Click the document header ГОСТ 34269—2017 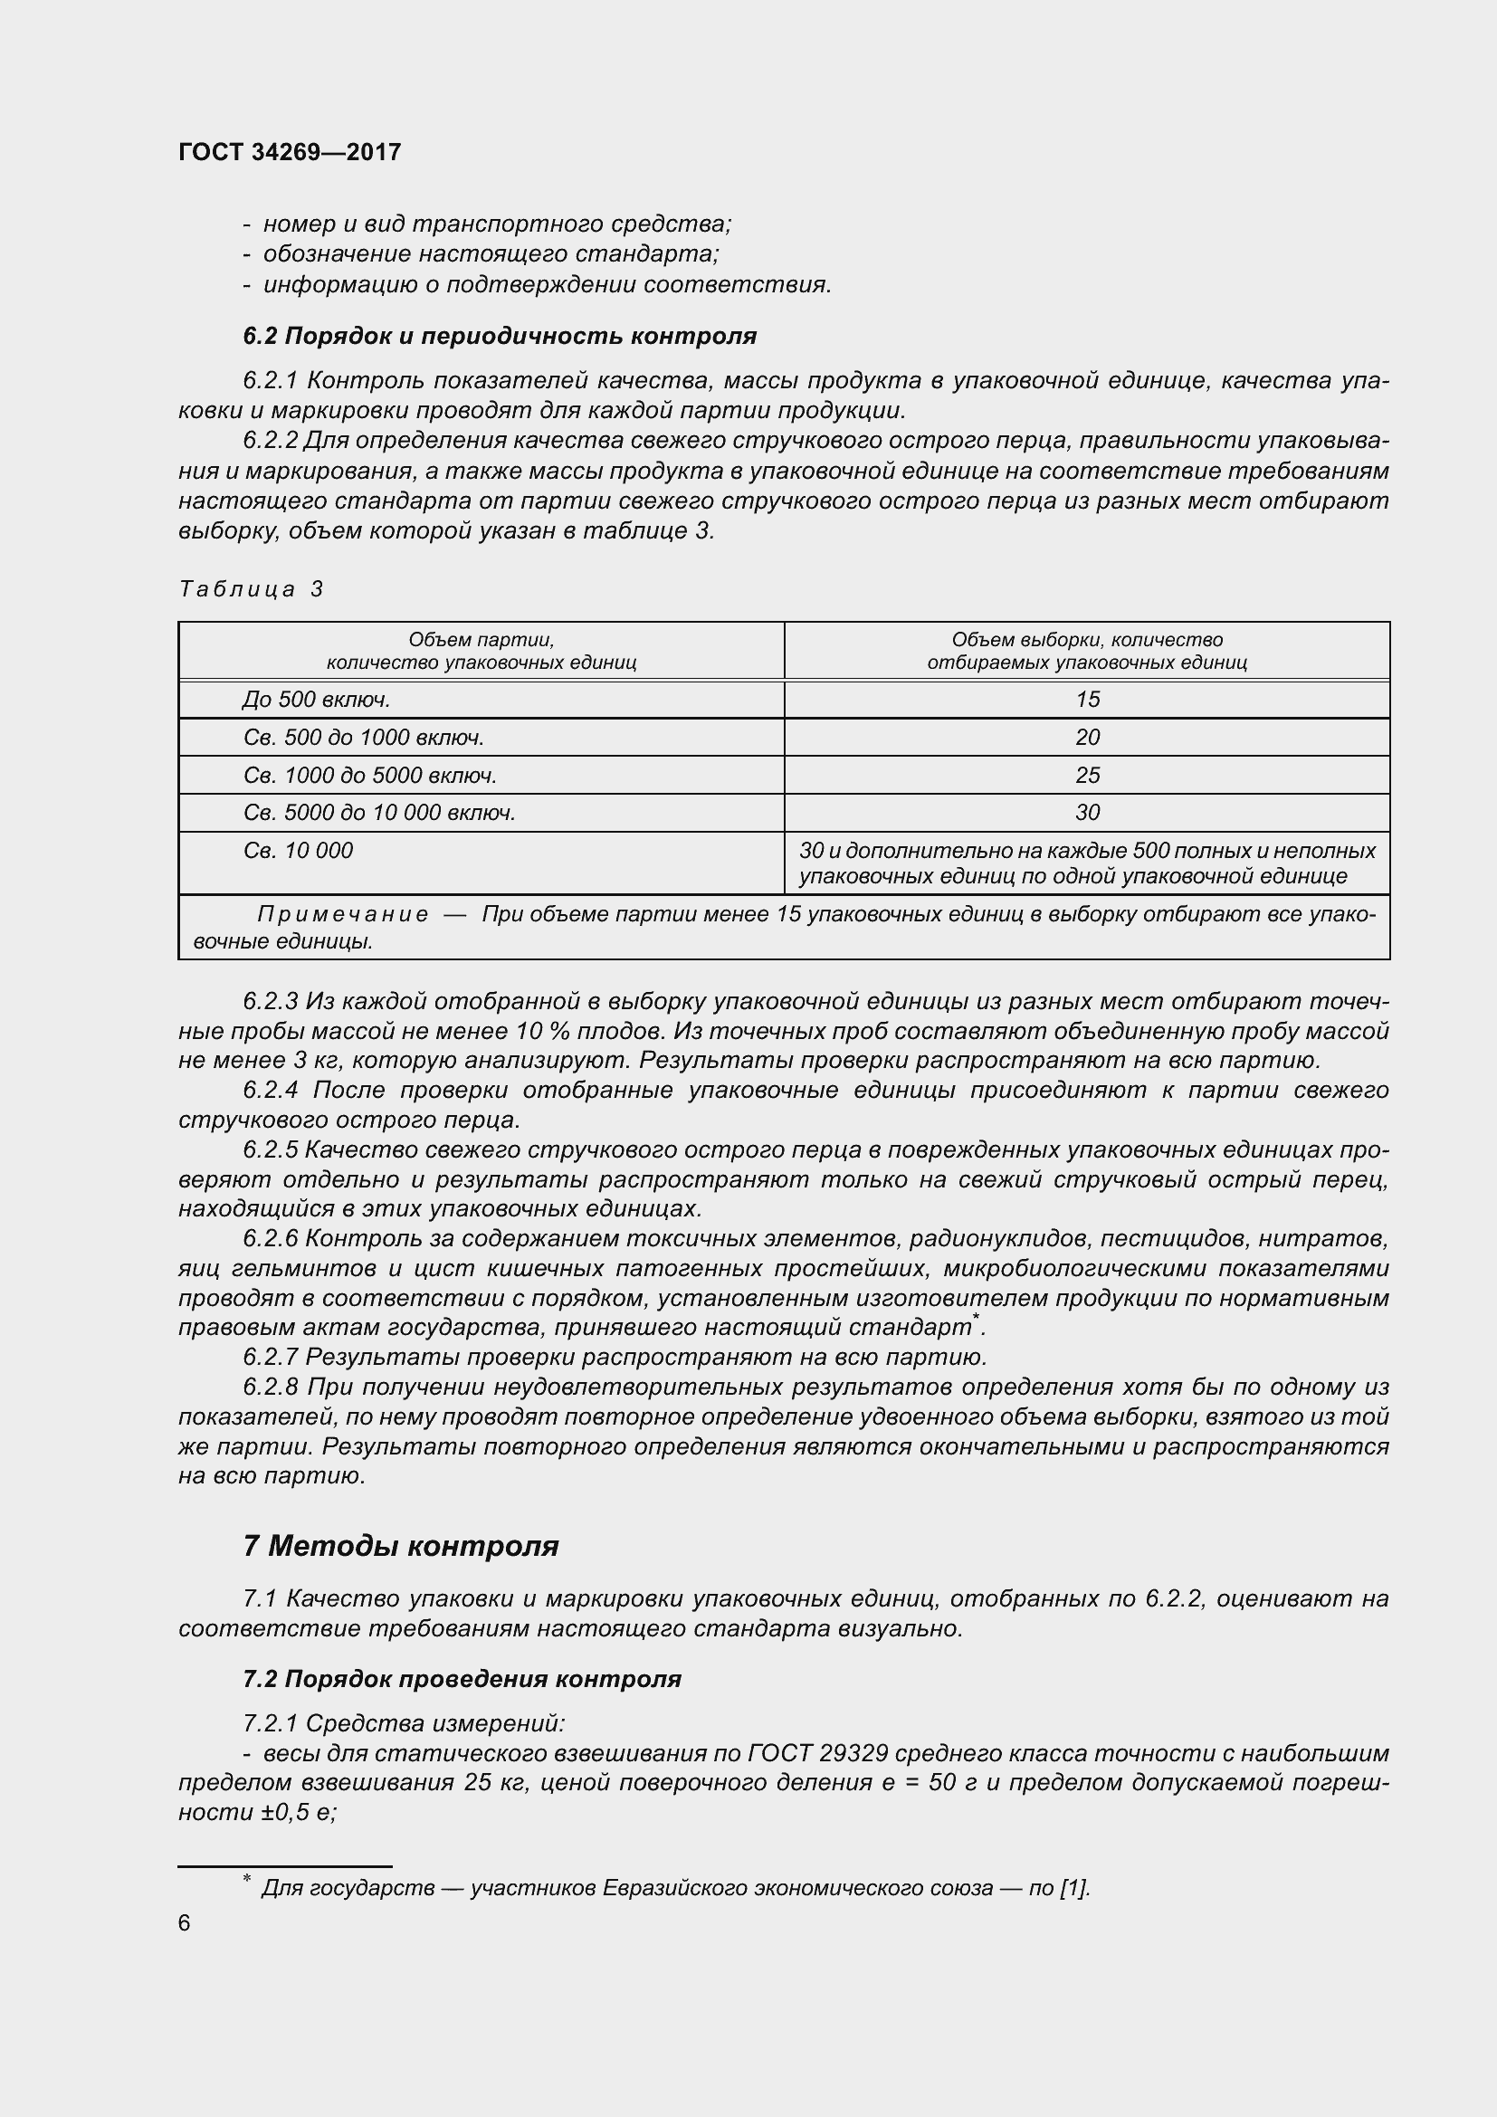click(x=290, y=152)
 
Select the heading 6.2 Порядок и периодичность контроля click(x=500, y=336)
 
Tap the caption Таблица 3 click(x=251, y=588)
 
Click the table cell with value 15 click(x=1087, y=700)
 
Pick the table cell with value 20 click(x=1087, y=738)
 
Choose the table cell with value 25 click(x=1087, y=776)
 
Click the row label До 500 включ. click(x=316, y=700)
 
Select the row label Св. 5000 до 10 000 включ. click(x=379, y=812)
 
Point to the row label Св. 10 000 click(x=298, y=850)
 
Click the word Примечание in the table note click(x=343, y=914)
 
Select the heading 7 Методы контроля click(x=401, y=1545)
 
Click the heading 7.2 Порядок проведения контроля click(x=462, y=1678)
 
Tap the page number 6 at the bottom click(x=185, y=1922)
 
